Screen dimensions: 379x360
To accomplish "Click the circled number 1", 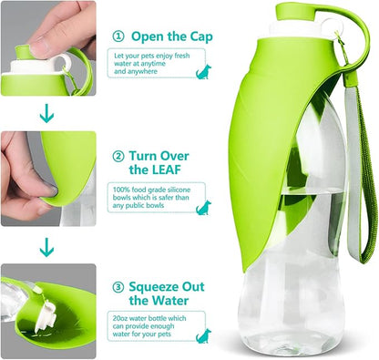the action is tap(118, 36).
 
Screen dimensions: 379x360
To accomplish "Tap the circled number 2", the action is tap(118, 157).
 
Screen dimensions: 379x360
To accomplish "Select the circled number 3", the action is tap(118, 287).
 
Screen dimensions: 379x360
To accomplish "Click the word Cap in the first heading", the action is tap(201, 37).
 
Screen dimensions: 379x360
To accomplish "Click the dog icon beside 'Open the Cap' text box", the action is tap(203, 72).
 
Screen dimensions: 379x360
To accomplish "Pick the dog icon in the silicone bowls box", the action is tap(203, 208).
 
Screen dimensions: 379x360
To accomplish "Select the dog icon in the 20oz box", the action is tap(203, 336).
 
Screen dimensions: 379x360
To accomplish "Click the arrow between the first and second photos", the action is tap(46, 113).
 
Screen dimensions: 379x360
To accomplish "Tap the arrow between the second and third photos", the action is tap(46, 247).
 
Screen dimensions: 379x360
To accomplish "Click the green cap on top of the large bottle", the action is tap(295, 12).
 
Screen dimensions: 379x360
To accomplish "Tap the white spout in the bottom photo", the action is tap(46, 316).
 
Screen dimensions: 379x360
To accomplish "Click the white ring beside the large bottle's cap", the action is tap(332, 26).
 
